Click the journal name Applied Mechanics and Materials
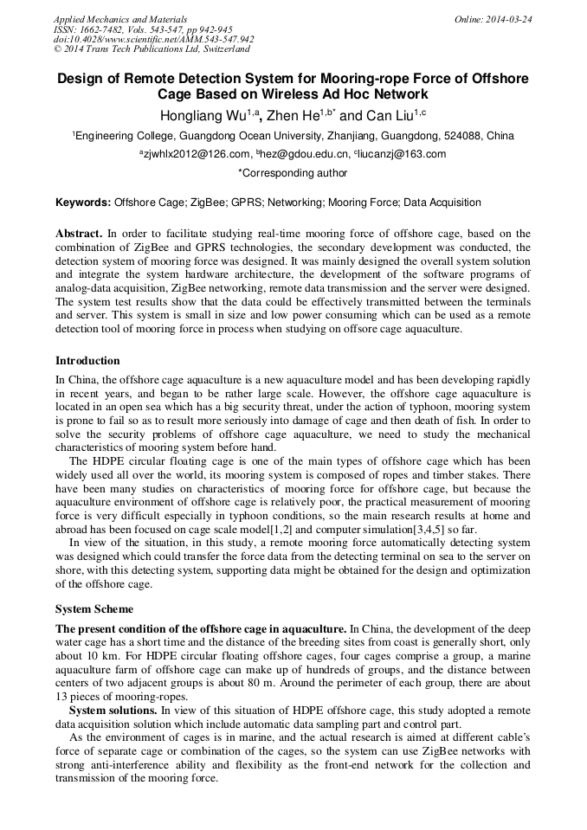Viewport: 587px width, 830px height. click(109, 18)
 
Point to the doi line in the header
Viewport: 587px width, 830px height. click(153, 39)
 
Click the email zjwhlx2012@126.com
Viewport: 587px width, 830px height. click(197, 155)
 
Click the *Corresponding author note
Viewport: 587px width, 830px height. click(293, 173)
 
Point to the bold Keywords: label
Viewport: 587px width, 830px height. click(83, 203)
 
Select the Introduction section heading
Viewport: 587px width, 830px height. click(87, 361)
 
